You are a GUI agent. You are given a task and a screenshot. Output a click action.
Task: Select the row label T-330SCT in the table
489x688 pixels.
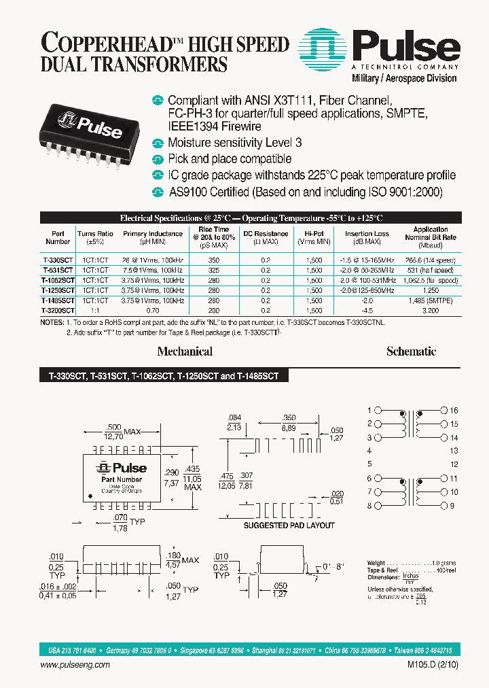point(58,260)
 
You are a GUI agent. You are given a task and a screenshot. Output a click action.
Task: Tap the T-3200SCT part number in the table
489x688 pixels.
point(58,310)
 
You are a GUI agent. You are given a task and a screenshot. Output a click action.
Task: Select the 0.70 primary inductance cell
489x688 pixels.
point(153,310)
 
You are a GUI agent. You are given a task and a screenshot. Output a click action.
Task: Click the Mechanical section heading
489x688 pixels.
point(185,351)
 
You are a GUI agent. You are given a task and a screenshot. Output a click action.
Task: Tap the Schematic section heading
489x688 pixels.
point(411,351)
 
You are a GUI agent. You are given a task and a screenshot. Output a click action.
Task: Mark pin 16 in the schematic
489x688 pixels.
point(454,411)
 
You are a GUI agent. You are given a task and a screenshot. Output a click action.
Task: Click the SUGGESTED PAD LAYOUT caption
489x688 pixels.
point(289,525)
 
